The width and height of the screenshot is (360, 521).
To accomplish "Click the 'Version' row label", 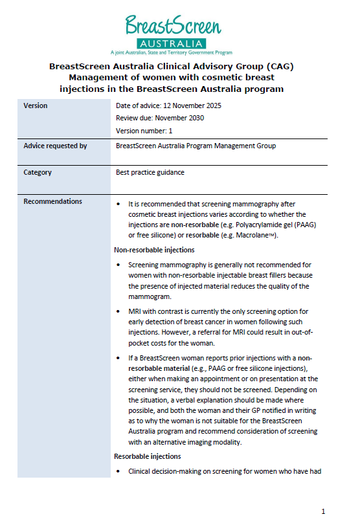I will coord(36,105).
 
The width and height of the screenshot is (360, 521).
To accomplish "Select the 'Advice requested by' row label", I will coord(55,146).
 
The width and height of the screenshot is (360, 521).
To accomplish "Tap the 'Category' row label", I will coord(38,173).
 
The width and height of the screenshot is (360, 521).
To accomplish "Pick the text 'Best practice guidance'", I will coord(150,173).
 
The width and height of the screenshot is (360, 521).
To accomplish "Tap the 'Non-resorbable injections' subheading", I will coord(154,250).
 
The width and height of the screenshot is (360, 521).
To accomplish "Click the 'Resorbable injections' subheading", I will coord(147,457).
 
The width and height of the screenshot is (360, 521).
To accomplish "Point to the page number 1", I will coord(324,510).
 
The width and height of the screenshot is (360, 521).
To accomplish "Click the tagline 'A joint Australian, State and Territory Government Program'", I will coord(171,52).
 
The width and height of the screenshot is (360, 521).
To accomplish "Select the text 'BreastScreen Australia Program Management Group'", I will coord(196,146).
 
